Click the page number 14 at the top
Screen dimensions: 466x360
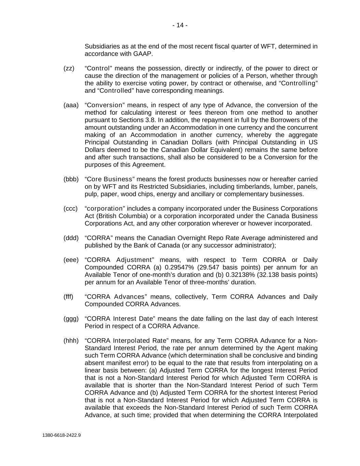pyautogui.click(x=180, y=25)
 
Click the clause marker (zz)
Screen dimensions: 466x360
pyautogui.click(x=69, y=68)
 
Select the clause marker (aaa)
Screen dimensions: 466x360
pyautogui.click(x=71, y=105)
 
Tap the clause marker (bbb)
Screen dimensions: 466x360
pyautogui.click(x=71, y=179)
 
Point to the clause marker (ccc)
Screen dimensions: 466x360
pyautogui.click(x=71, y=209)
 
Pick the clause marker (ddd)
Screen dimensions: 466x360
pyautogui.click(x=71, y=238)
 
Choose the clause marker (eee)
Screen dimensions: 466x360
pyautogui.click(x=71, y=260)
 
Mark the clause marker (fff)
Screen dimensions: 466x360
pyautogui.click(x=68, y=297)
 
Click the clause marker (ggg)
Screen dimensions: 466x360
pyautogui.click(x=71, y=319)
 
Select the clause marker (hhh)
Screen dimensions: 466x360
pyautogui.click(x=71, y=341)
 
